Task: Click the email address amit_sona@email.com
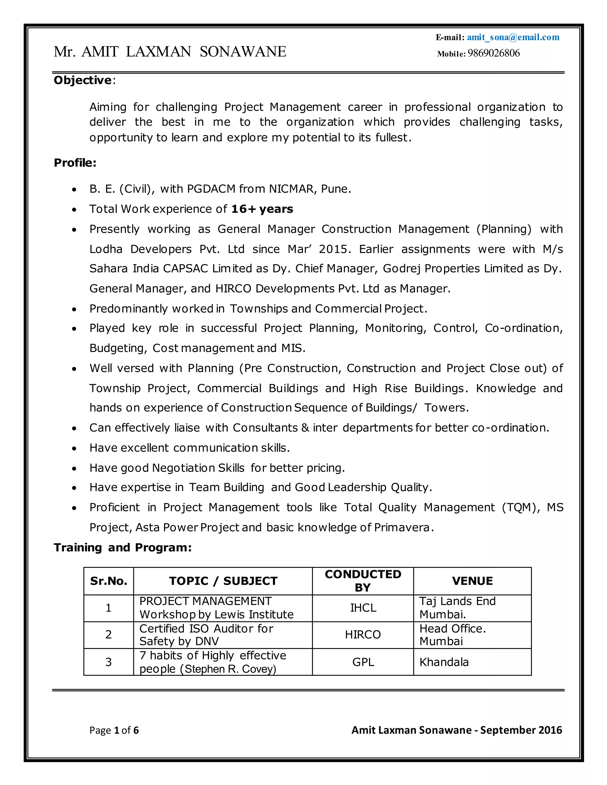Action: tap(513, 37)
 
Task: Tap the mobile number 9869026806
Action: tap(493, 53)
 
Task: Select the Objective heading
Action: tap(83, 80)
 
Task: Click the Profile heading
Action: tap(75, 163)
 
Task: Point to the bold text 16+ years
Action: tap(262, 209)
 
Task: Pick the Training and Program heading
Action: tap(123, 547)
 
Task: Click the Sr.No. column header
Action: tap(108, 581)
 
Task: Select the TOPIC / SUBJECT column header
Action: tap(223, 581)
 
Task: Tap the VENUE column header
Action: tap(472, 581)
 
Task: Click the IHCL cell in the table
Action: tap(363, 608)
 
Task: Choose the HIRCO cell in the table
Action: tap(363, 635)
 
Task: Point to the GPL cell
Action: tap(363, 662)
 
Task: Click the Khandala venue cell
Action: tap(444, 662)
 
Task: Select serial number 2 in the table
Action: tap(108, 635)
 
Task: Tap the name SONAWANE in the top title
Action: tap(243, 52)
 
